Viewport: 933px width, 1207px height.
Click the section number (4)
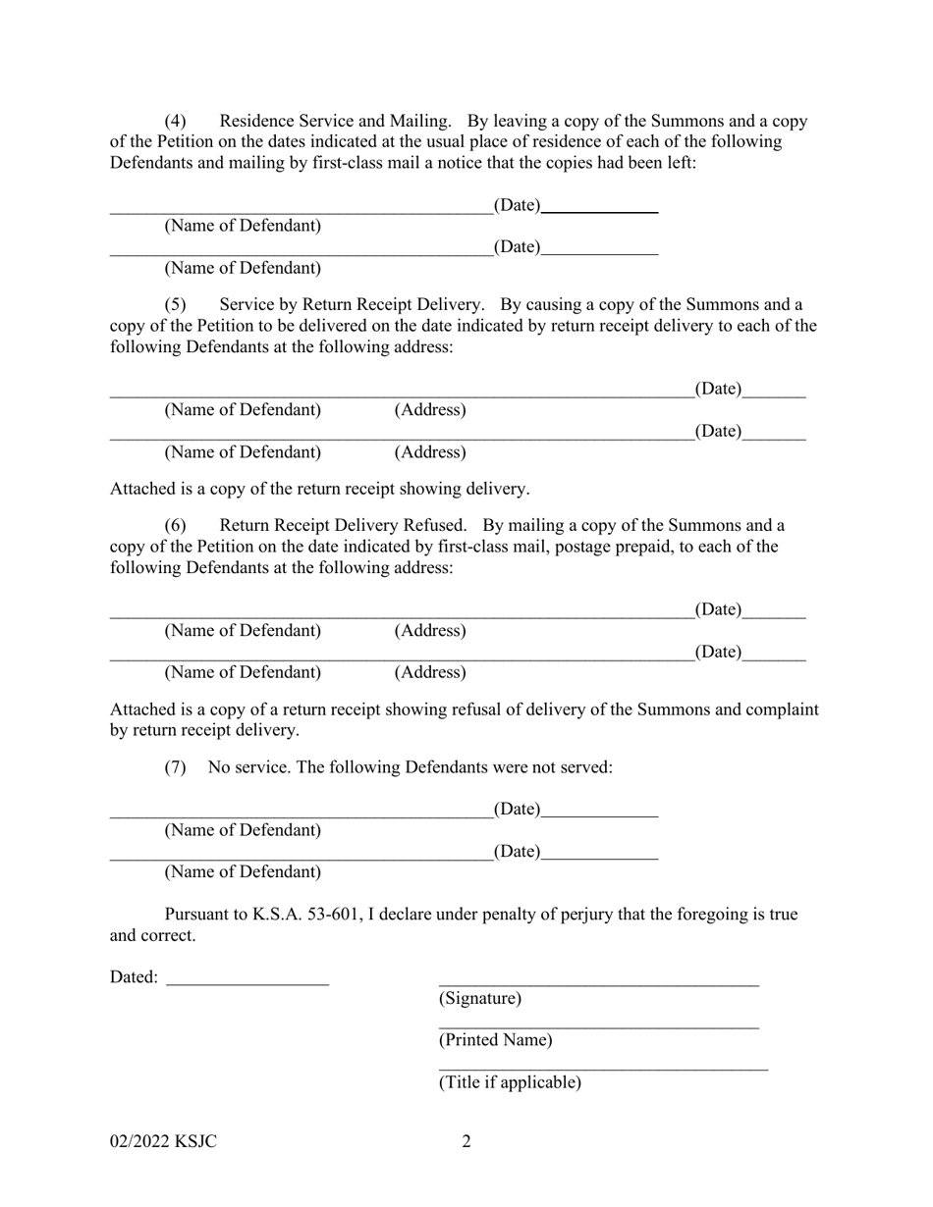[175, 122]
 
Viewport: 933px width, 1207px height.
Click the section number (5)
[175, 304]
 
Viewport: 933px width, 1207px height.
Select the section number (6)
[175, 526]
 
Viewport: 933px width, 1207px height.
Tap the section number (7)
[175, 767]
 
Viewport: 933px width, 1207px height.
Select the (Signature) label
[479, 999]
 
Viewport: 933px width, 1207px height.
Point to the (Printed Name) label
[495, 1040]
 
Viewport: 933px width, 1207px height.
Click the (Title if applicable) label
[510, 1082]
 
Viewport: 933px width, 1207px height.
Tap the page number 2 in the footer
[466, 1141]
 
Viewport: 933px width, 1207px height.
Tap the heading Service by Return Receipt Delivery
[352, 304]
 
